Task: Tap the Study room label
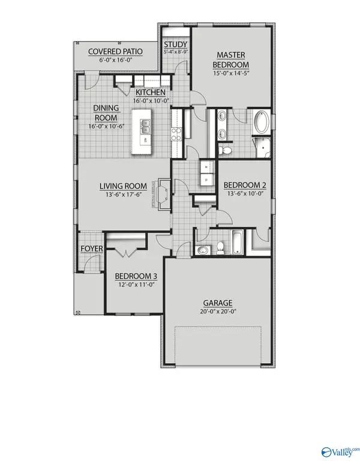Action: pos(176,45)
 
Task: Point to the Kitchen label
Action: pos(150,93)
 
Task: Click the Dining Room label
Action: pos(106,112)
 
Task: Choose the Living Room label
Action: pos(123,187)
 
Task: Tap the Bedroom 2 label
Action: pos(244,185)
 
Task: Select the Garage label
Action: pos(218,303)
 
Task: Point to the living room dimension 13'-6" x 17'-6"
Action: pos(123,195)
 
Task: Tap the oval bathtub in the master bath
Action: pos(262,124)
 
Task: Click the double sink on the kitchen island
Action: pos(146,127)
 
